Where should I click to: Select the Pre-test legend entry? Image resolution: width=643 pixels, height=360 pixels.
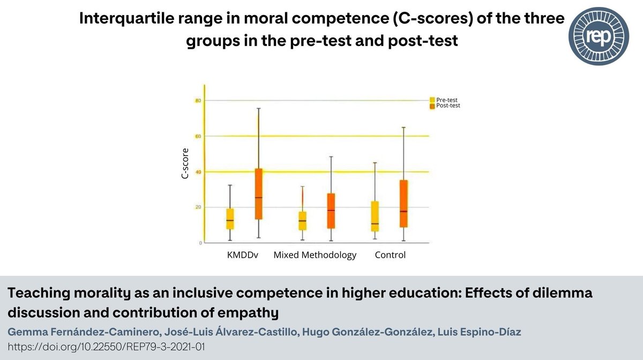point(446,100)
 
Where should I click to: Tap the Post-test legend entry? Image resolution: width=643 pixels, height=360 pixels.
point(447,106)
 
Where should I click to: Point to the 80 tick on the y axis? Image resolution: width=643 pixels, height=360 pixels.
point(198,101)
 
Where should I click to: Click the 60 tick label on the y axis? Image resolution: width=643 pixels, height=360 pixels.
point(198,136)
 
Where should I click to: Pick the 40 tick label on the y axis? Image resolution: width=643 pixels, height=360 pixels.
point(198,172)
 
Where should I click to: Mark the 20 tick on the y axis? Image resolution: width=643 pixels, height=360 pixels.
point(198,207)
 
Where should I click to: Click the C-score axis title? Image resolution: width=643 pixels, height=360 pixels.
point(185,163)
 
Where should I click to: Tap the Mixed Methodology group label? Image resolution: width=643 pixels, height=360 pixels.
point(315,255)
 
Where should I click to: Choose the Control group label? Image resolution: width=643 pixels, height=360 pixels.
point(390,255)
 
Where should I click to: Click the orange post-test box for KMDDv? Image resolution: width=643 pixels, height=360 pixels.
point(258,193)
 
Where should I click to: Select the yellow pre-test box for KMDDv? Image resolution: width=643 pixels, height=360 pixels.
point(230,219)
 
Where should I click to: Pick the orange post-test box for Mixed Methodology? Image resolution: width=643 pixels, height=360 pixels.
point(331,211)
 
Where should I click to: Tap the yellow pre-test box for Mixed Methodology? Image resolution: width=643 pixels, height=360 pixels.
point(302,221)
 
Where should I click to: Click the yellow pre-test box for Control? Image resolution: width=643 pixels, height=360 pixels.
point(375,216)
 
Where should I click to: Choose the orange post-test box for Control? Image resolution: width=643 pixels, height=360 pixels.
point(403,204)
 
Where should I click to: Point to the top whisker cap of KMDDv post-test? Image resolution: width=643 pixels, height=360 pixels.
point(258,108)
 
